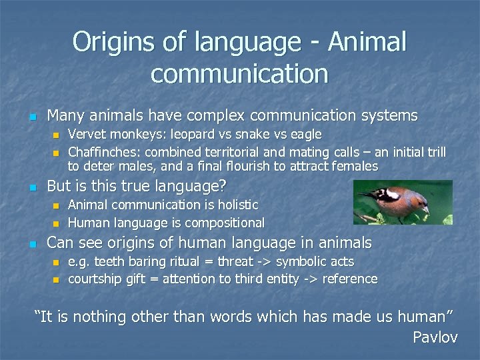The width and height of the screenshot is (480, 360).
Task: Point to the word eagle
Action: coord(304,135)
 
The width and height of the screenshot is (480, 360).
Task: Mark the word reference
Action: coord(350,279)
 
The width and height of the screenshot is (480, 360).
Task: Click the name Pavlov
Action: coord(435,337)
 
